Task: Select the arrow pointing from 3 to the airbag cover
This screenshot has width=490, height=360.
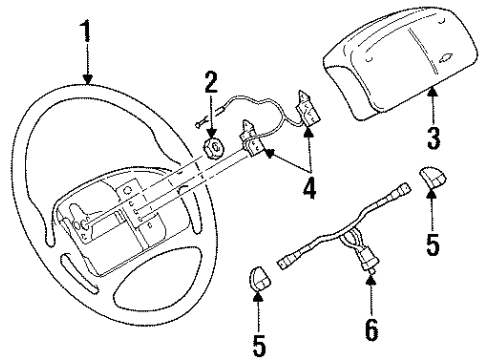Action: (432, 104)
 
